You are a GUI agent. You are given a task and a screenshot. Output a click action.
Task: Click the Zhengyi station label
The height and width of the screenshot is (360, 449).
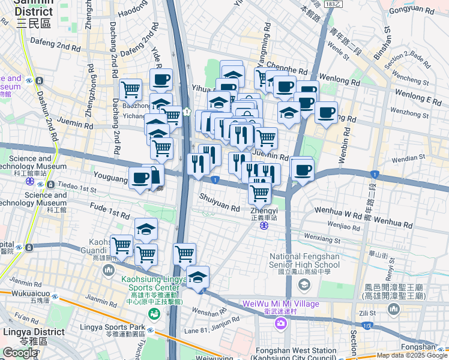pos(264,211)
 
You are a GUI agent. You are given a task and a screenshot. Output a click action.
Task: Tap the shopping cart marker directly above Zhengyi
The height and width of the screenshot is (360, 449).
pos(259,193)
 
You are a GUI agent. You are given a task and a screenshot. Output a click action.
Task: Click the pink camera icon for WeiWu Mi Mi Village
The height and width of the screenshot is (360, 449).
pos(280,324)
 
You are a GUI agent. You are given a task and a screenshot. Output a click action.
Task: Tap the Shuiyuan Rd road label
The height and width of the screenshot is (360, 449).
pos(220,205)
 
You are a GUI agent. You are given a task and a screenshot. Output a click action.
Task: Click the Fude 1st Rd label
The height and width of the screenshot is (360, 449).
pos(109,212)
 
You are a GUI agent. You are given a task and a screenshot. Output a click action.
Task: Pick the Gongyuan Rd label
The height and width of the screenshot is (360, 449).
pos(412,10)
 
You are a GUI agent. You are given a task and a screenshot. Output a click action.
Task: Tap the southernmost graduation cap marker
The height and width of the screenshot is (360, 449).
pos(197,277)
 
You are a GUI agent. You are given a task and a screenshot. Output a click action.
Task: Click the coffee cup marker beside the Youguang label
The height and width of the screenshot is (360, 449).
pos(140,178)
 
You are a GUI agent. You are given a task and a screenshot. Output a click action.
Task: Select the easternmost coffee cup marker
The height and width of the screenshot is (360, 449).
pos(326,113)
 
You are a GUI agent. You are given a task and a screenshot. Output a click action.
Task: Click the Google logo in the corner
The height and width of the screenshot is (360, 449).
pos(20,353)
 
